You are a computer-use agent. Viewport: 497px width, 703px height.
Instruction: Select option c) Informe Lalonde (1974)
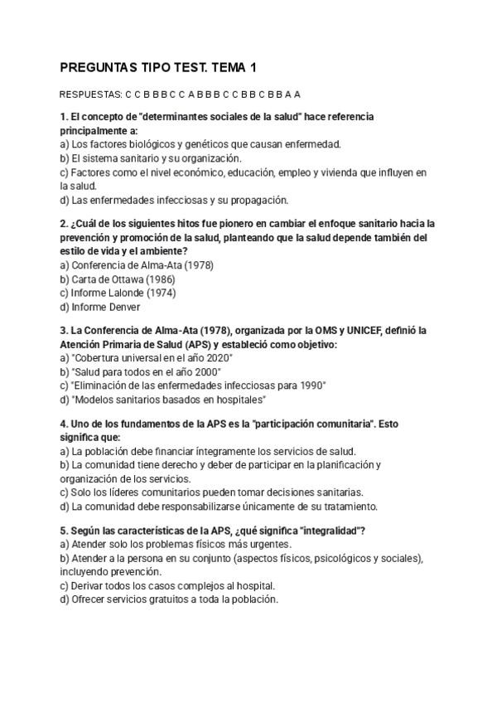(118, 293)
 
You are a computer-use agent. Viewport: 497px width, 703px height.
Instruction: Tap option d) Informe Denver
(100, 307)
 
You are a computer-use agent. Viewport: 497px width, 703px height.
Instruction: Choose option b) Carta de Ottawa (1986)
(118, 279)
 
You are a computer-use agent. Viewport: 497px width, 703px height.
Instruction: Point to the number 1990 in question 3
(311, 385)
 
